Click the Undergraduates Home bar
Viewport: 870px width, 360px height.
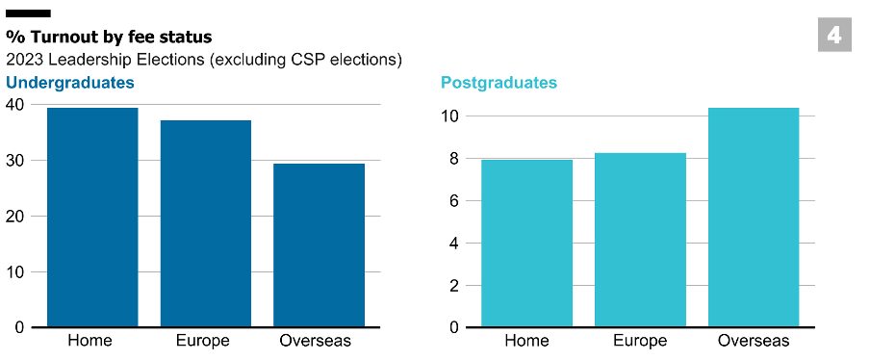pyautogui.click(x=92, y=218)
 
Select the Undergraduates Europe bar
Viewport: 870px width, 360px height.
pyautogui.click(x=205, y=223)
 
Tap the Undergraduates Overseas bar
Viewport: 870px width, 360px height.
pyautogui.click(x=319, y=245)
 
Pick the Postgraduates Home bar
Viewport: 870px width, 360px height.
pyautogui.click(x=526, y=244)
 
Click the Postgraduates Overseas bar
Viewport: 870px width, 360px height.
pyautogui.click(x=753, y=218)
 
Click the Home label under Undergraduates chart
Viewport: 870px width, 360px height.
pyautogui.click(x=90, y=341)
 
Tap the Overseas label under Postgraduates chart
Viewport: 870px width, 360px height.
pyautogui.click(x=754, y=341)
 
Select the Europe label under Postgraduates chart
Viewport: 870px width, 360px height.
pyautogui.click(x=639, y=341)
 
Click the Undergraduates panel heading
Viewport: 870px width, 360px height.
pyautogui.click(x=70, y=82)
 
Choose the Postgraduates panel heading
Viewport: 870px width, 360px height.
pyautogui.click(x=499, y=82)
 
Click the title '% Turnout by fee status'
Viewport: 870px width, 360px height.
pyautogui.click(x=109, y=37)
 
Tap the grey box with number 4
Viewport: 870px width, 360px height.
pyautogui.click(x=833, y=36)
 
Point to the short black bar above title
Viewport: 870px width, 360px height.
pyautogui.click(x=28, y=14)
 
